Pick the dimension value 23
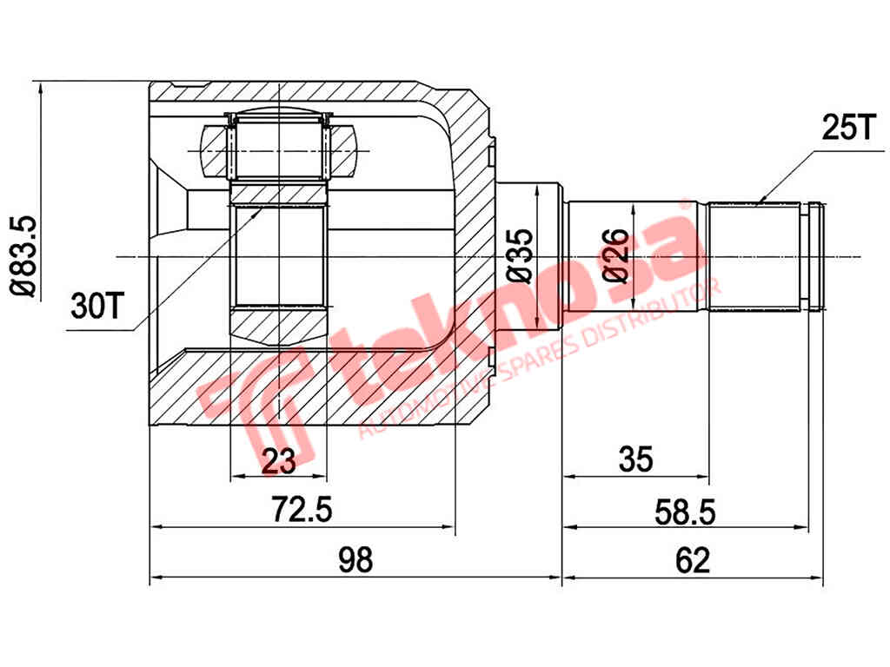pos(279,460)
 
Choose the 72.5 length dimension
pos(301,510)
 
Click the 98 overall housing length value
pos(355,560)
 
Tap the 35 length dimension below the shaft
pos(635,459)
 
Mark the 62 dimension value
pos(693,560)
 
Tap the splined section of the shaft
pos(753,256)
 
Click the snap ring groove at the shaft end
pos(815,256)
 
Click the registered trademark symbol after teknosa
pos(686,207)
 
